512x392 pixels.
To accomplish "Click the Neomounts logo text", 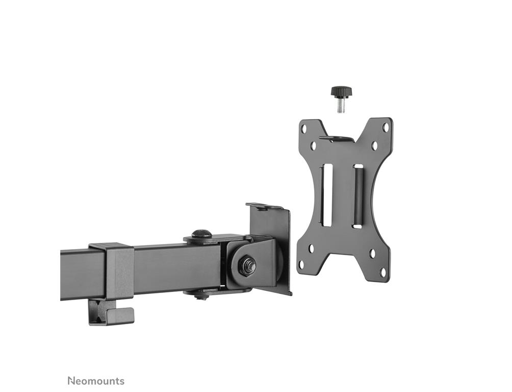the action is [96, 381].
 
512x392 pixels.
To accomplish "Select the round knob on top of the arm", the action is [201, 234].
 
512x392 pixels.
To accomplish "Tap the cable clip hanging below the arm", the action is [111, 312].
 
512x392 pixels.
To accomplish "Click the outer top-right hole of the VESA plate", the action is [386, 127].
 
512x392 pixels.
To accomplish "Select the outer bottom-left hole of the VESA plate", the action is [302, 263].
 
